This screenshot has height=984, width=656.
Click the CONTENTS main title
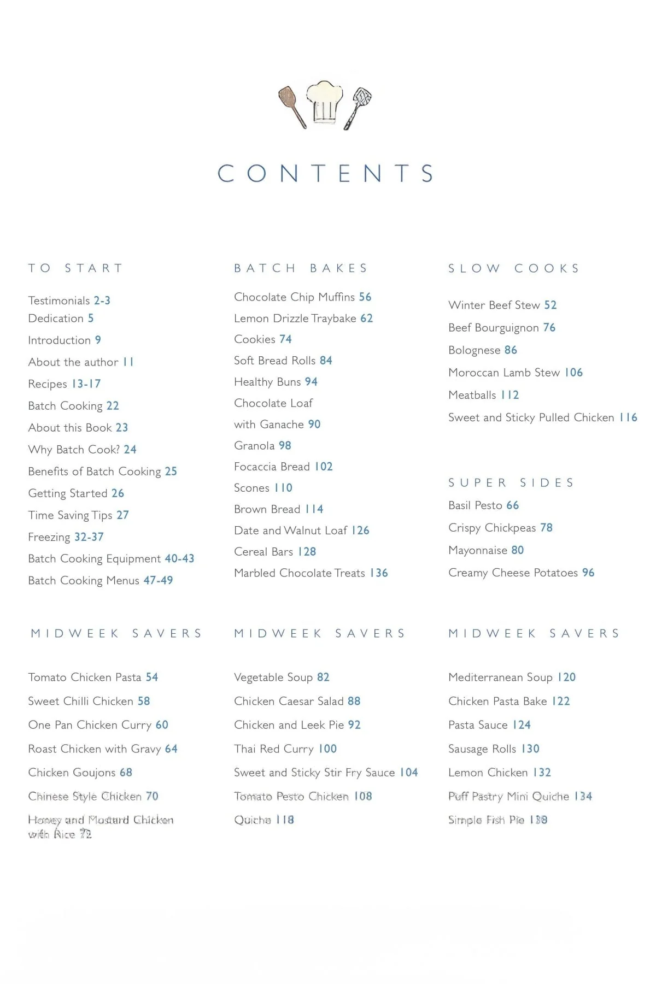click(326, 174)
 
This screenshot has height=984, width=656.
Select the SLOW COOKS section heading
click(514, 268)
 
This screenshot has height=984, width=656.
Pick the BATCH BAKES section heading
click(301, 268)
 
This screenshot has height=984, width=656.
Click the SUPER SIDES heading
click(511, 482)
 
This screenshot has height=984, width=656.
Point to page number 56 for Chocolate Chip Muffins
click(365, 297)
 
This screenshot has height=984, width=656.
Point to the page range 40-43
click(179, 558)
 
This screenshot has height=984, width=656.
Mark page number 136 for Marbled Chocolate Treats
click(379, 573)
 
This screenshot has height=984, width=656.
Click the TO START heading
click(75, 268)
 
